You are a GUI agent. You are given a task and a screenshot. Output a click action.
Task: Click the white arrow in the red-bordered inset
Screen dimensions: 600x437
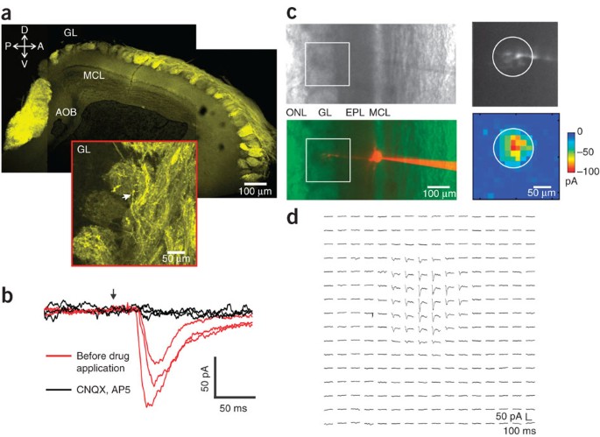129,198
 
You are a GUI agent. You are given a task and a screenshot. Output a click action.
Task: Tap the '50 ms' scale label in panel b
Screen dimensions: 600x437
232,408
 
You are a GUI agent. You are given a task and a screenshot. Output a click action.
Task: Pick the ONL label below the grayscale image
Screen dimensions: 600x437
296,114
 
